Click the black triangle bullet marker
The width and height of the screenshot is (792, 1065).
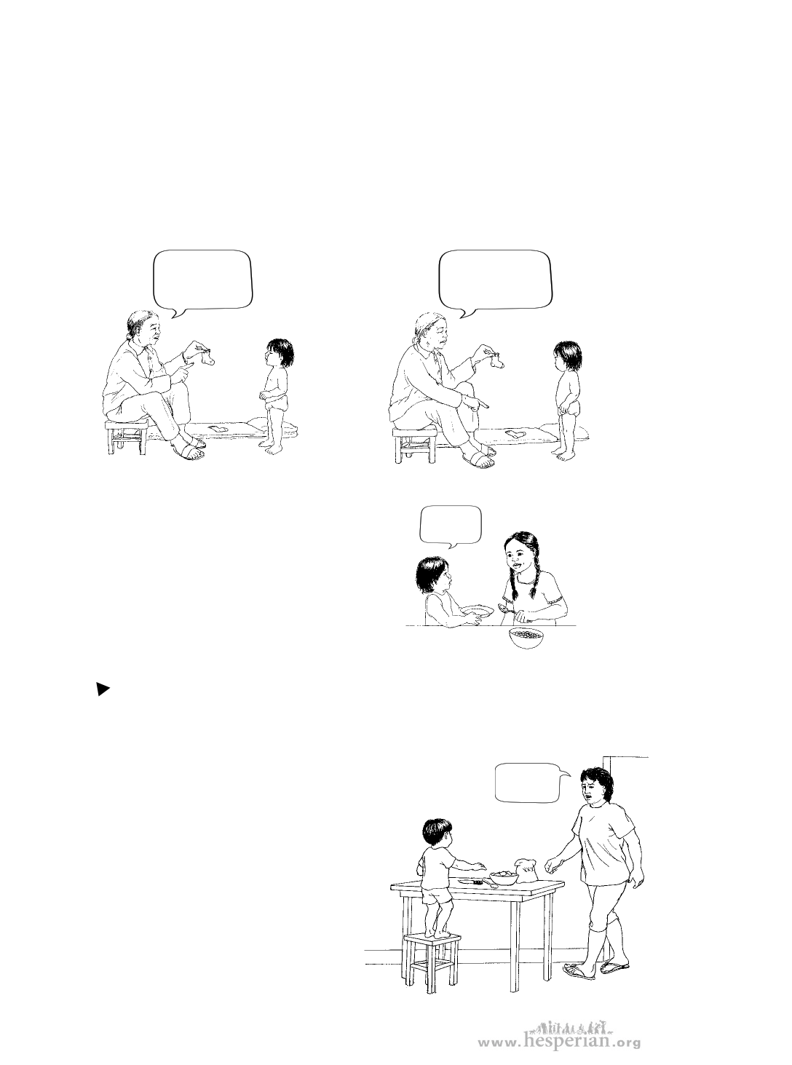point(103,690)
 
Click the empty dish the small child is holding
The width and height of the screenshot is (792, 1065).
point(476,611)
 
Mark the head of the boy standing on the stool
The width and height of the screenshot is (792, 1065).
point(437,834)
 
